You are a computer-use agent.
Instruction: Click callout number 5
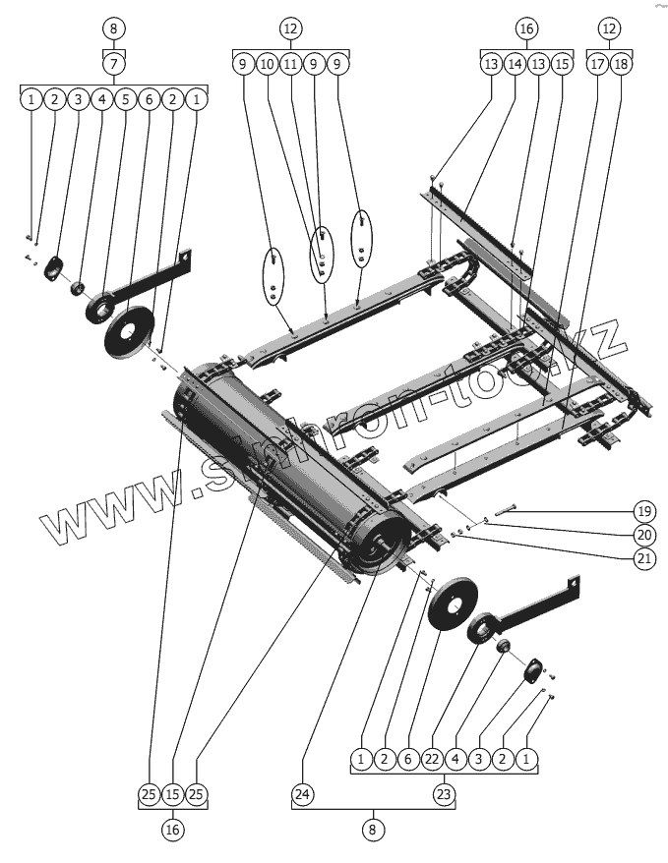coord(125,99)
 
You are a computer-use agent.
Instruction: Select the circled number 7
coord(115,64)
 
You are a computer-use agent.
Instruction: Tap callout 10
coord(267,64)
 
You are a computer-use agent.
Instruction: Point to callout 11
coord(290,64)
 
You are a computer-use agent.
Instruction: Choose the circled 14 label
coord(515,64)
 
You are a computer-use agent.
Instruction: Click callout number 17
coord(597,64)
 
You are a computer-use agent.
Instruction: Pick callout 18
coord(621,64)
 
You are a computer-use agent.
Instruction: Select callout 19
coord(643,511)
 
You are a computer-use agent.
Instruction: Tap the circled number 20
coord(643,535)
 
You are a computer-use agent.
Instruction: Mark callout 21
coord(643,557)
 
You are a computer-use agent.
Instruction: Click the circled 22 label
coord(432,759)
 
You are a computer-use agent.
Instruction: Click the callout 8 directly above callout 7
coord(115,29)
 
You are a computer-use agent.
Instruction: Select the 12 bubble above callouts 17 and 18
coord(609,29)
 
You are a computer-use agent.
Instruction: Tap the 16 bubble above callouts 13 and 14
coord(525,29)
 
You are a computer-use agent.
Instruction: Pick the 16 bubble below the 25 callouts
coord(173,830)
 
